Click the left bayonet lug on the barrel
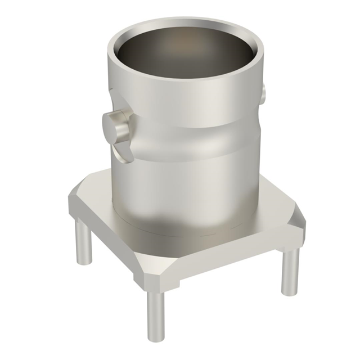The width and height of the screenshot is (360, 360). (x=116, y=127)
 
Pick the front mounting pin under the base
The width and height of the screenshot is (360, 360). (x=156, y=313)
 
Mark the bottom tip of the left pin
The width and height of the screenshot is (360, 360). (x=84, y=261)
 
